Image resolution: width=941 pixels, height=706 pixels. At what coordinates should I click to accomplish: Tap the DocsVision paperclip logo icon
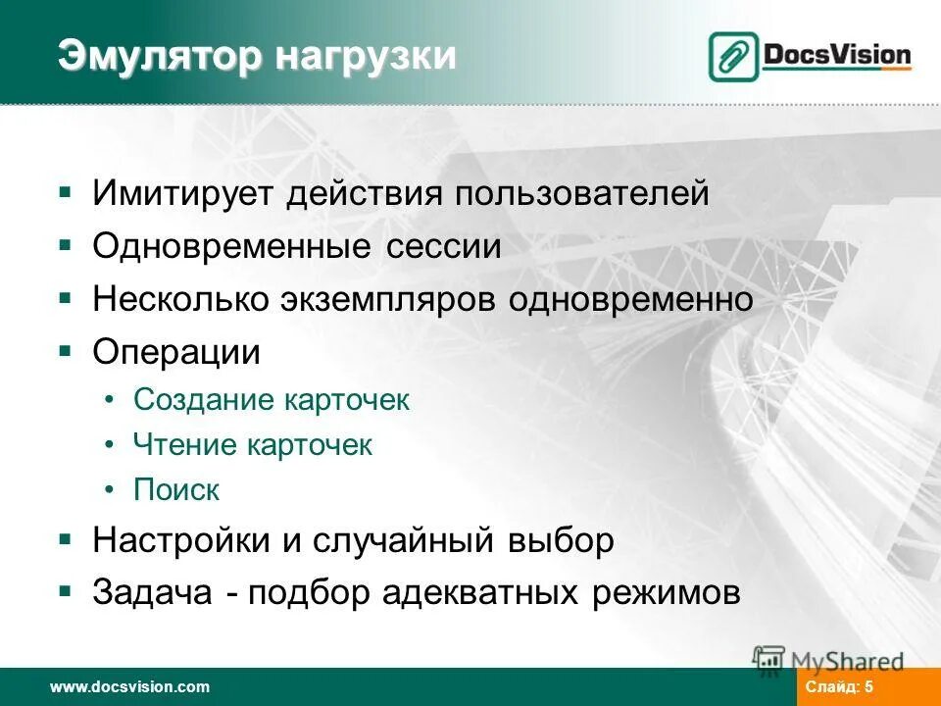[x=733, y=56]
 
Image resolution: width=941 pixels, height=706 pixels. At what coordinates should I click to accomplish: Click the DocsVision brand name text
[x=837, y=55]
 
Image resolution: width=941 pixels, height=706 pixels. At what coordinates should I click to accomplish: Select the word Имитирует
[x=183, y=193]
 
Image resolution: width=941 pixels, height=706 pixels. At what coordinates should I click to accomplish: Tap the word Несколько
[x=175, y=299]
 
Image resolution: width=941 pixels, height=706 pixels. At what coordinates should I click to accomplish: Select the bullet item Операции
[x=176, y=352]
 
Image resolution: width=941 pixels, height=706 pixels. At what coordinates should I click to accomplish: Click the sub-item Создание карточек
[x=272, y=400]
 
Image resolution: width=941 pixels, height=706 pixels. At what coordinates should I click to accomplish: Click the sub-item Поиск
[x=176, y=489]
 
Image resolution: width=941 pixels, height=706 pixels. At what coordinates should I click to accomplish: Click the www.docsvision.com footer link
[x=130, y=687]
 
